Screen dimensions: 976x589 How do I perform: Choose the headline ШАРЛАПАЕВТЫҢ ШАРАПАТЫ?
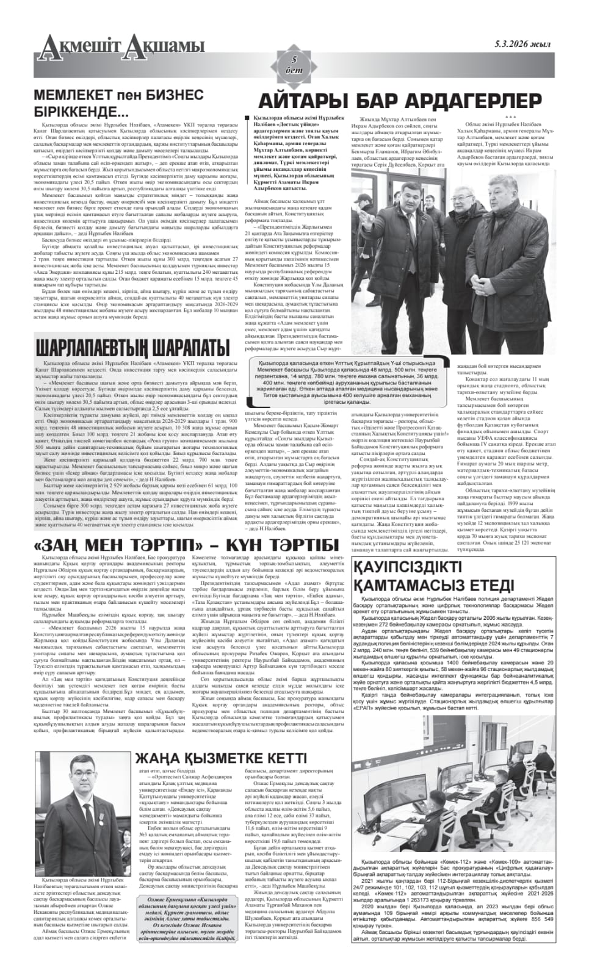(x=132, y=348)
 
